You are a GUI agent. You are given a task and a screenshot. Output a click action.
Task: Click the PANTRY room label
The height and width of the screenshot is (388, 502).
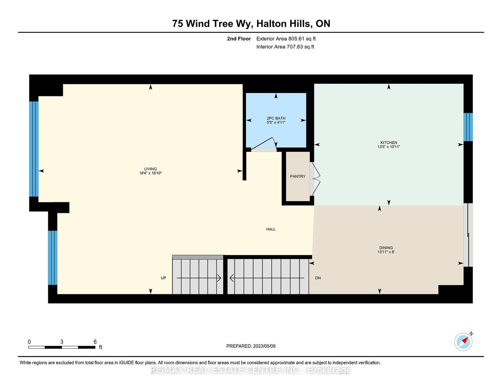point(298,176)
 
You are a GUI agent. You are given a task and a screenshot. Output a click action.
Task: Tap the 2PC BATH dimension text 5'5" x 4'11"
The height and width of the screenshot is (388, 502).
point(276,123)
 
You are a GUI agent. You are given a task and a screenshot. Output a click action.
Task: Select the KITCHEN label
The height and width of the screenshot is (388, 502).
point(389,143)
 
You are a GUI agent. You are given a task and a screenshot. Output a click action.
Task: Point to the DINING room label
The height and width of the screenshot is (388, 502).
point(386,248)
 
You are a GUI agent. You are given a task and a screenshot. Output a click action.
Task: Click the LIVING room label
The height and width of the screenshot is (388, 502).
point(150,169)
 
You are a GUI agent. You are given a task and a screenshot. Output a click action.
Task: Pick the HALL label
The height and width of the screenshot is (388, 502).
point(271,229)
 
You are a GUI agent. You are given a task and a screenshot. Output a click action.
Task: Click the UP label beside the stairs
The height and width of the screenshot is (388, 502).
point(163,278)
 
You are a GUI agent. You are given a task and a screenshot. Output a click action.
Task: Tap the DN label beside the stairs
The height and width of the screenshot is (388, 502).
point(318,278)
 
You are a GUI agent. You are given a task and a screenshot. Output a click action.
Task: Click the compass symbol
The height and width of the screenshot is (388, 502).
point(464,342)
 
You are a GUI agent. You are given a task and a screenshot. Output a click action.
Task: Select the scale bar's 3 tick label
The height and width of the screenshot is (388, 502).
point(62,342)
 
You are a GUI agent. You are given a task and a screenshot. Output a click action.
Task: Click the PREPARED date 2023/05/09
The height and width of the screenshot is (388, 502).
point(264,346)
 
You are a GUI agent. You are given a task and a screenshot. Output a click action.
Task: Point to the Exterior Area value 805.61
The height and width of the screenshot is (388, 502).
point(296,39)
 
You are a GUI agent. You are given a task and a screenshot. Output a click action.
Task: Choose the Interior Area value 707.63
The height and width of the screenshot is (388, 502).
point(295,47)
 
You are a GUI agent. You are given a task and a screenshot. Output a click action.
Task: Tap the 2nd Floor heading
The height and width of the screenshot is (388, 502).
point(239,39)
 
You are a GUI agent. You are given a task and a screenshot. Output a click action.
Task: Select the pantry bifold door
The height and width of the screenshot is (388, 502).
point(315,179)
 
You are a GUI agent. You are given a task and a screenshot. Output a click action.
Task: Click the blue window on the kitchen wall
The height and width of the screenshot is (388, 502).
point(468,127)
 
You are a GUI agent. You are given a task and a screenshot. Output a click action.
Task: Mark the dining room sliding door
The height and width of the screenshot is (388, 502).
point(468,235)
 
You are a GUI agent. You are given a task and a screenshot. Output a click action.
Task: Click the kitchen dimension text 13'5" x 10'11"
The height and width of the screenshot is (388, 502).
point(389,147)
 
